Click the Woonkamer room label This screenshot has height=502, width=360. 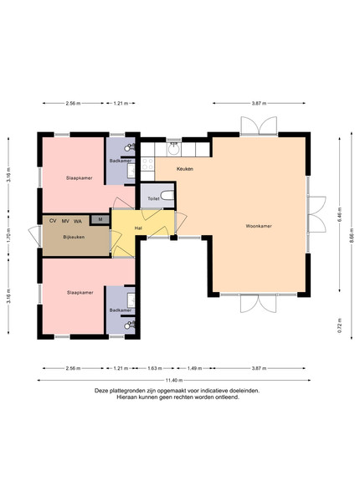(x=259, y=226)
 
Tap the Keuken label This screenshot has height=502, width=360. (x=185, y=169)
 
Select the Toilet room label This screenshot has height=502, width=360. (x=153, y=199)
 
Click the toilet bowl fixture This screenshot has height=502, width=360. (x=167, y=195)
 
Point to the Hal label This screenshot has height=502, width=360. (x=138, y=228)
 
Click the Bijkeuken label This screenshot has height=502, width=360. (x=74, y=238)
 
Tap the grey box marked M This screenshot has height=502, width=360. (x=100, y=219)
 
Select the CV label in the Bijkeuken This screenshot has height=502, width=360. (x=53, y=221)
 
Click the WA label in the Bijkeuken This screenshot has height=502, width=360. (x=78, y=221)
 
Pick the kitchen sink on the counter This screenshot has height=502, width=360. (x=174, y=149)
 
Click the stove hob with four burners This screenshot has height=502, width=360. (x=147, y=164)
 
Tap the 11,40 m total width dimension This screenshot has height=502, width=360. (x=174, y=381)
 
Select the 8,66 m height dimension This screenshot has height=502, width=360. (x=352, y=235)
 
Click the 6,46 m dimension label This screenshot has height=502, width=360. (x=340, y=215)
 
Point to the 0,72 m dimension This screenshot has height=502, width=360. (x=340, y=325)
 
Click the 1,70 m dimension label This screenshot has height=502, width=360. (x=8, y=234)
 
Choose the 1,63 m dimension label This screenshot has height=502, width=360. (x=155, y=368)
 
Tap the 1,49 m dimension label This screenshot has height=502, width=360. (x=194, y=368)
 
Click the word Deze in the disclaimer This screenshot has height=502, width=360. (x=101, y=391)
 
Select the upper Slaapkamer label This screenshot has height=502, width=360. (x=80, y=178)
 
